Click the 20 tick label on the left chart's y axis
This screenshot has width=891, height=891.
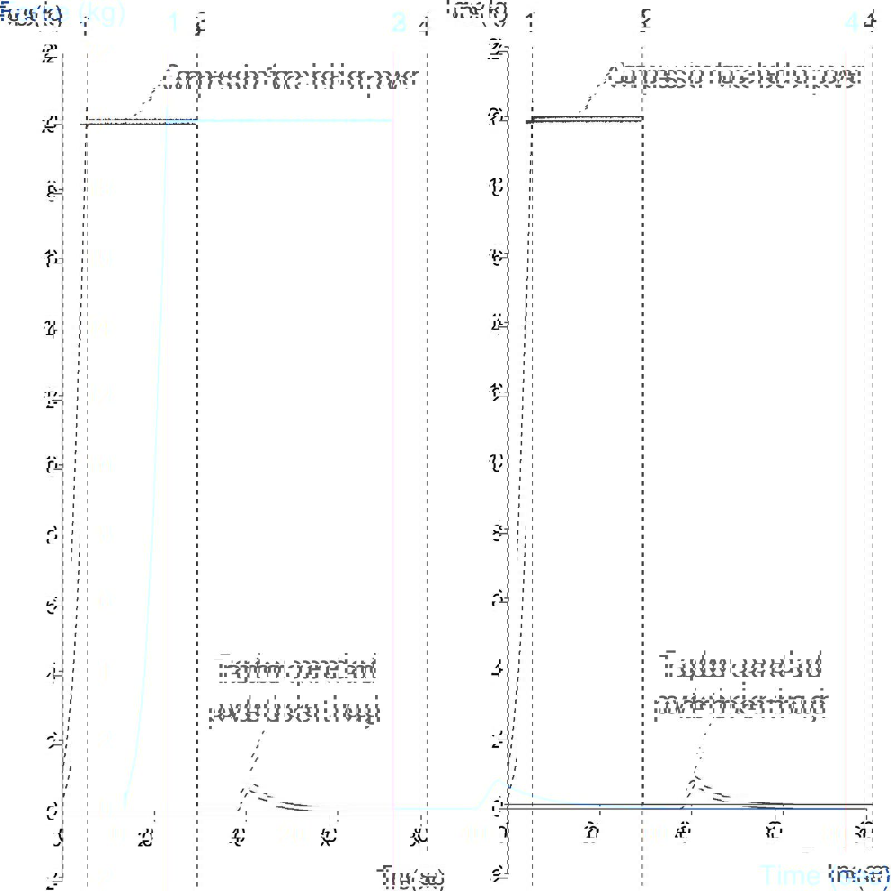point(51,124)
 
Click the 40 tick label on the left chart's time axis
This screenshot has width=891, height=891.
point(238,837)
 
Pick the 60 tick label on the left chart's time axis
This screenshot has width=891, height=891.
point(329,837)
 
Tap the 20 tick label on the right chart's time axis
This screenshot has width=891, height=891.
point(592,833)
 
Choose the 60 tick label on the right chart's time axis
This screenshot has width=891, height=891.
point(773,833)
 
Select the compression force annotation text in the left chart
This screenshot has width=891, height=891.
point(290,78)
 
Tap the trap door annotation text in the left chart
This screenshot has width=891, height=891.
point(295,691)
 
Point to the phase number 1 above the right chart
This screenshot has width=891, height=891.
point(530,22)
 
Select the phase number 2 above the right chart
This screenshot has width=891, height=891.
point(645,21)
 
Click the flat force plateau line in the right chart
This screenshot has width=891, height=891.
point(588,119)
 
